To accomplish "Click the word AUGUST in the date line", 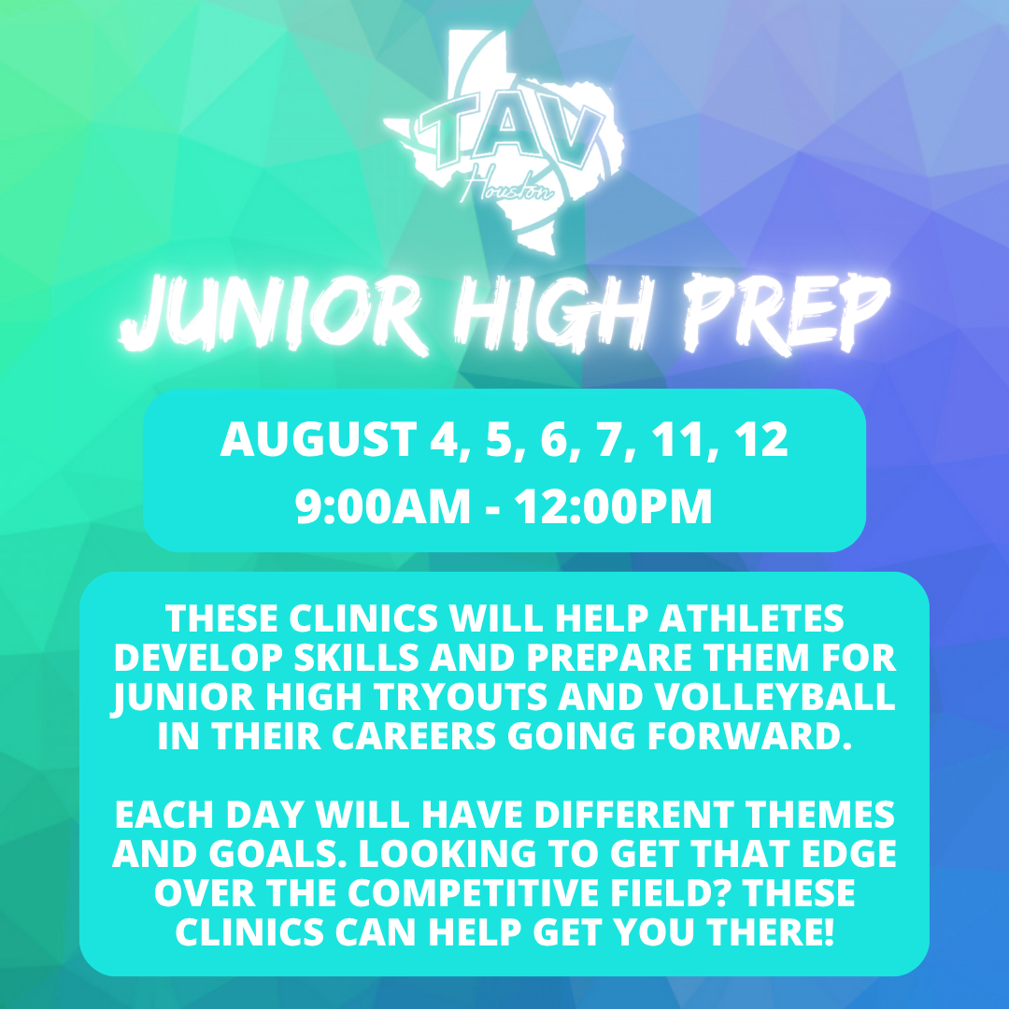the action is pos(318,439).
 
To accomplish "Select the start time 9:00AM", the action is pos(382,507).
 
